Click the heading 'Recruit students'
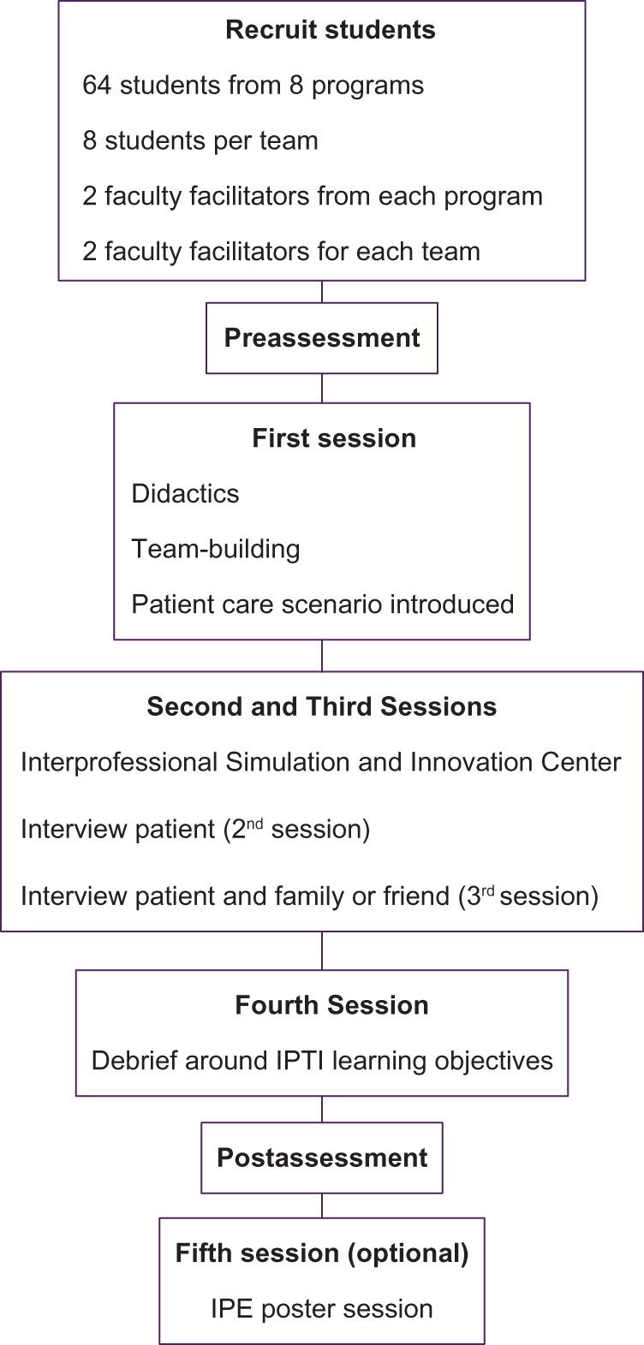(330, 30)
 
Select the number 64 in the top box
(98, 86)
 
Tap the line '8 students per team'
(200, 141)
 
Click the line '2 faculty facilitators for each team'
(281, 252)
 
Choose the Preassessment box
(322, 338)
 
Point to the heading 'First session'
(334, 438)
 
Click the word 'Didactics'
(185, 494)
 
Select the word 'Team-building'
(216, 549)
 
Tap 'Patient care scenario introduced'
(323, 604)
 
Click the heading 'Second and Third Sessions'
(322, 707)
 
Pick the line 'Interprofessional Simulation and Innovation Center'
(321, 762)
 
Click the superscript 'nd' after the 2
(255, 823)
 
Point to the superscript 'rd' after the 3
(487, 890)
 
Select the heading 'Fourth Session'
(331, 1005)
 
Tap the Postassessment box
(322, 1158)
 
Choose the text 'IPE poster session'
(322, 1309)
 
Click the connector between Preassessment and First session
(322, 389)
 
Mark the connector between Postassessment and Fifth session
(322, 1205)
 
